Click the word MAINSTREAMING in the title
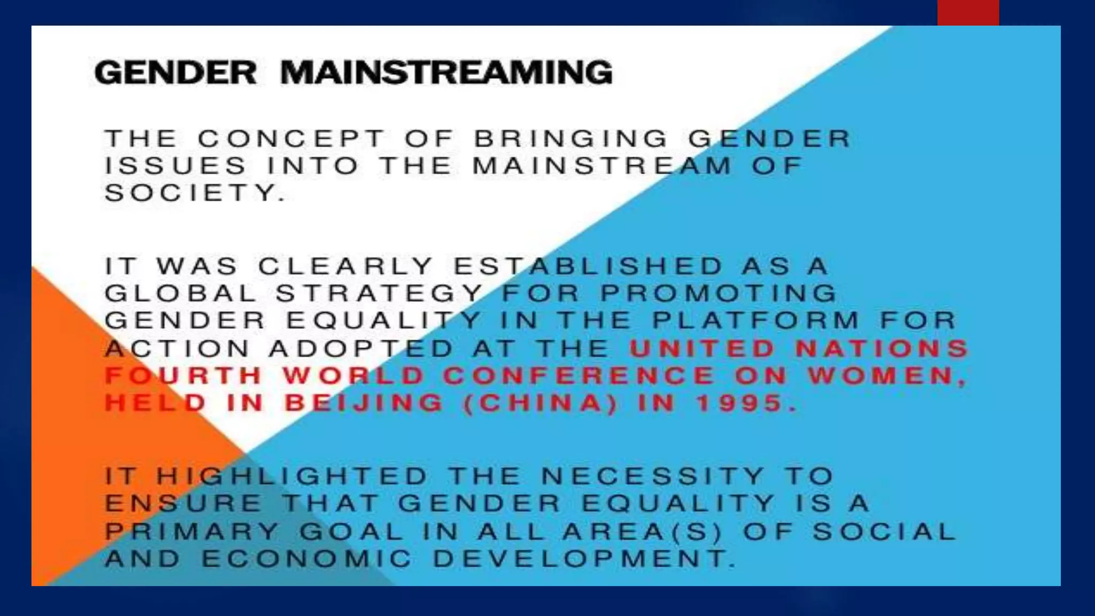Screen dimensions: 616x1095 pos(446,73)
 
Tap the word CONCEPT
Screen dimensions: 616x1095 pos(291,138)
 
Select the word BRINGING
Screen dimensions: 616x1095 pos(571,138)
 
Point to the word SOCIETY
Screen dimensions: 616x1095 pos(195,193)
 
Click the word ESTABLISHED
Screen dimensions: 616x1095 pos(588,266)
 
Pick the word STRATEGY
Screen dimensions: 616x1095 pos(380,293)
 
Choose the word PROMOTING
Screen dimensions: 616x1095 pos(719,293)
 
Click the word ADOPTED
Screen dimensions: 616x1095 pos(361,349)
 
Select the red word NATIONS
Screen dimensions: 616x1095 pos(882,349)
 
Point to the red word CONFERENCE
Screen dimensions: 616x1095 pos(579,376)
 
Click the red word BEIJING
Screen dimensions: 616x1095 pos(364,403)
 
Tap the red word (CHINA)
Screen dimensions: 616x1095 pos(540,403)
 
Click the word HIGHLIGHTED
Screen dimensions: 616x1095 pos(292,476)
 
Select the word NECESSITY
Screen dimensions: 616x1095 pos(652,476)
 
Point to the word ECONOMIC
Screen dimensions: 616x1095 pos(307,559)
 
